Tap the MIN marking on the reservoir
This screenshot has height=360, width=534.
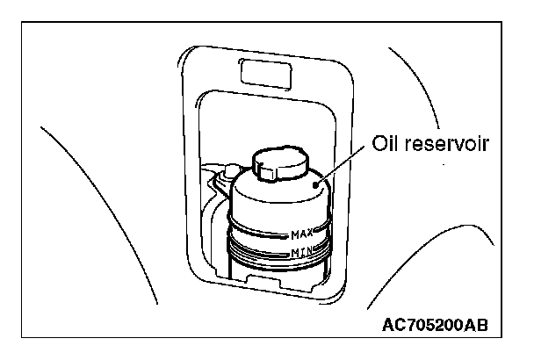click(x=302, y=254)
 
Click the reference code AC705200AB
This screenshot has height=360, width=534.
click(x=435, y=326)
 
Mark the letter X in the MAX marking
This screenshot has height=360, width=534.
click(x=311, y=234)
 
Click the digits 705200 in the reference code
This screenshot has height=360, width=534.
click(x=434, y=326)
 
